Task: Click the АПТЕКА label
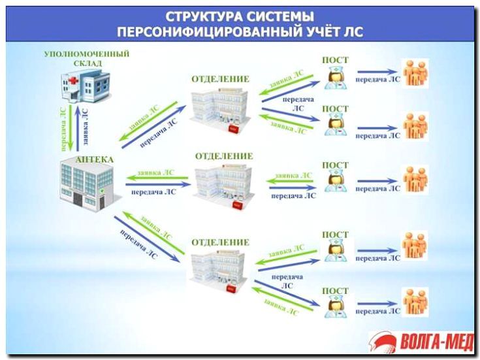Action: click(94, 159)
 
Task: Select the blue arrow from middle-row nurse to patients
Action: click(377, 181)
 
